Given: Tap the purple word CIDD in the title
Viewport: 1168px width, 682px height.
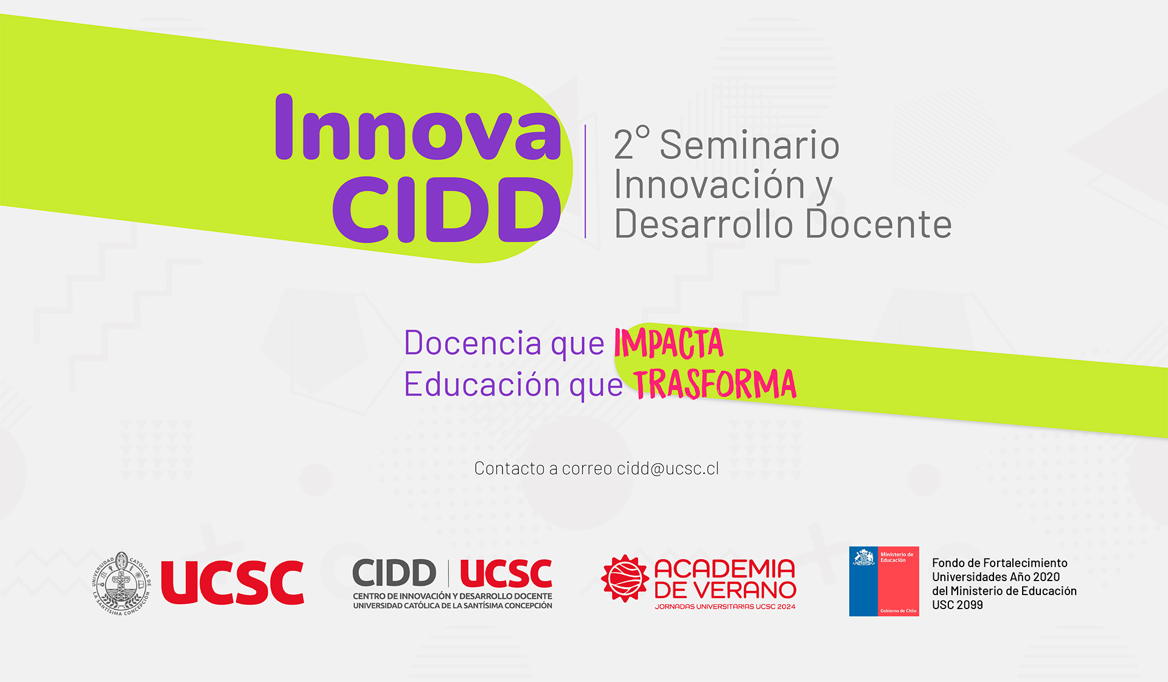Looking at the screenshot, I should pos(447,210).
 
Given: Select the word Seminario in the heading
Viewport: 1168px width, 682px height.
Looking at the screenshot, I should pos(749,145).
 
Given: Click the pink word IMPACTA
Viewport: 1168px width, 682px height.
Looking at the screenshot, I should pos(669,343).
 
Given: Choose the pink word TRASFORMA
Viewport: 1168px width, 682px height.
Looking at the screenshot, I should pos(715,384).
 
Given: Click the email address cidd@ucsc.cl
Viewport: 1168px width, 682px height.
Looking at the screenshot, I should pos(667,468).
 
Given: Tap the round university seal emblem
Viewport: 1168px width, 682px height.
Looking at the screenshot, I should pos(122,583).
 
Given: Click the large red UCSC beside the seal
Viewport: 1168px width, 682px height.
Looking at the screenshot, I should pos(232,583).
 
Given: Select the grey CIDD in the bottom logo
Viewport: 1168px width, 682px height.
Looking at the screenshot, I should pos(394,573).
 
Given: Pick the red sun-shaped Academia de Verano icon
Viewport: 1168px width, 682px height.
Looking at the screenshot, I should pos(624,578).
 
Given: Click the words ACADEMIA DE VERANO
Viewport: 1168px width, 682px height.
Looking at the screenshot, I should pos(725,579).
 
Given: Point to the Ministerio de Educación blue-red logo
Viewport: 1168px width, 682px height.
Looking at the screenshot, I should pos(884,581).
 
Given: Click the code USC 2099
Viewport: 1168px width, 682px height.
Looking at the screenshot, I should pos(957,605).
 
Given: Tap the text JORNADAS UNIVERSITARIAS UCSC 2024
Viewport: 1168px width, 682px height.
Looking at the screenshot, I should pos(725,607).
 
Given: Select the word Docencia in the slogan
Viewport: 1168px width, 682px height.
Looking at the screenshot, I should pos(472,343).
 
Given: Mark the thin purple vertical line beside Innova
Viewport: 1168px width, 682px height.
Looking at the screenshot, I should pos(585,181).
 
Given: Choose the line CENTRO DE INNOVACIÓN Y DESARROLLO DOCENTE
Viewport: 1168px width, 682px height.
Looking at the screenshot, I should pos(452,596).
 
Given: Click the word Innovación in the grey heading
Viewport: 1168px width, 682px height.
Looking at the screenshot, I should pos(709,184).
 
